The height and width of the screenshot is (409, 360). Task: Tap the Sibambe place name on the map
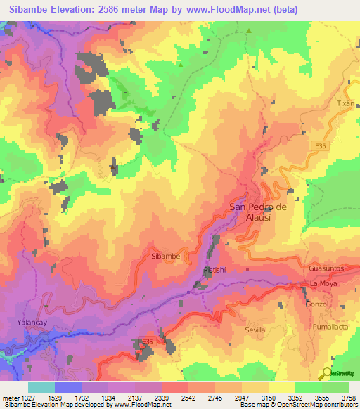point(166,257)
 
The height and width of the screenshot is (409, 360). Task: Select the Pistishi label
point(213,270)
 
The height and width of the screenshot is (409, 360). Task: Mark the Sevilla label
point(255,330)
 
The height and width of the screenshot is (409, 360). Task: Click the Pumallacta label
point(329,327)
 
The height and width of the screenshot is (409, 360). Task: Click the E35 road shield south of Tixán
point(321,145)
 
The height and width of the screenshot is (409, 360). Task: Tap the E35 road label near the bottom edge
point(147,342)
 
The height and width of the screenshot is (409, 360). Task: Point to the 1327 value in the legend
point(25,398)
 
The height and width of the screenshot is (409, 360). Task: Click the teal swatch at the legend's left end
point(41,387)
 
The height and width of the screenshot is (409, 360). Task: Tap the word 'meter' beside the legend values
point(9,398)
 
